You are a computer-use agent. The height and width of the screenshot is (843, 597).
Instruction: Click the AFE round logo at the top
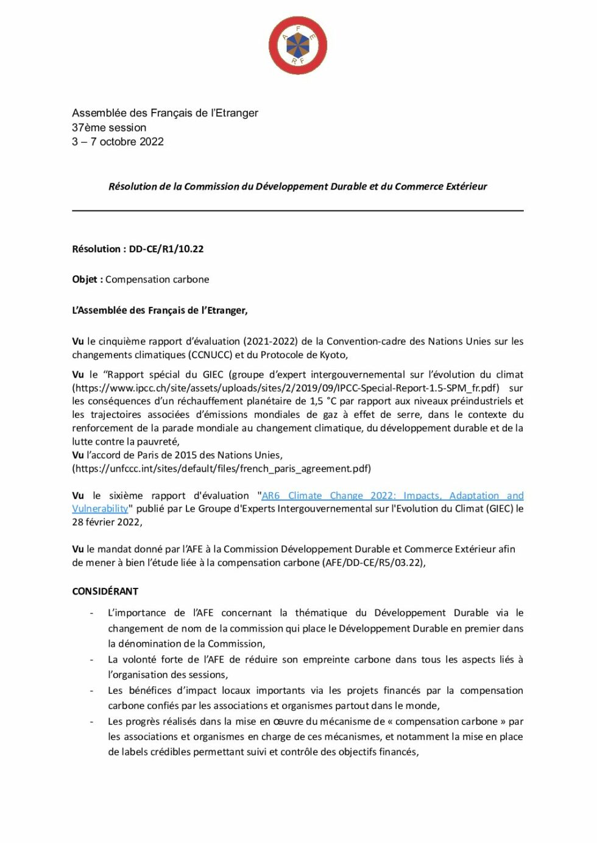[x=298, y=46]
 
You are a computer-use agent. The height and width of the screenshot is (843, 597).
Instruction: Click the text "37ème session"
[x=109, y=127]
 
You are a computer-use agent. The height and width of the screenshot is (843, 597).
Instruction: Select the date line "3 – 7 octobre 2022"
[x=118, y=142]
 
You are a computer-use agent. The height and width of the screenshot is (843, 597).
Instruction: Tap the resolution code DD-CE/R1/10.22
[x=166, y=249]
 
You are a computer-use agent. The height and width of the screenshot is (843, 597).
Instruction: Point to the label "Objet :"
[x=87, y=279]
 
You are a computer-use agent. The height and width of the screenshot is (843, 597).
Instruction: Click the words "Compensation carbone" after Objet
[x=157, y=279]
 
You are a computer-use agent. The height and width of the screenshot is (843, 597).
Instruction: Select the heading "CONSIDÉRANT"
[x=105, y=591]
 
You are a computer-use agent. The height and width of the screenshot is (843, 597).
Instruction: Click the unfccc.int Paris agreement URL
[x=222, y=468]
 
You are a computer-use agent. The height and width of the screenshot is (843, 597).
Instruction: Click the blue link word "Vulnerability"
[x=100, y=509]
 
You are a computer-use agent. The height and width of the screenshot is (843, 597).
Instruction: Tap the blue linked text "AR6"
[x=270, y=496]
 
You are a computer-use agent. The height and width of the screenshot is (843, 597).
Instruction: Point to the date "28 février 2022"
[x=106, y=522]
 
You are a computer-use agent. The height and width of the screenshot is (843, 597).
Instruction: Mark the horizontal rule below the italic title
[x=298, y=211]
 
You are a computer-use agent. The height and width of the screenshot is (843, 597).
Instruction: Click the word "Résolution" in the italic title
[x=132, y=186]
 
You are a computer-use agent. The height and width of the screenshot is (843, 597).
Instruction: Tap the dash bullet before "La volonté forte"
[x=91, y=660]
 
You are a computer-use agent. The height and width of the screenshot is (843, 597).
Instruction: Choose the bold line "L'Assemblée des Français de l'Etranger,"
[x=160, y=310]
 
